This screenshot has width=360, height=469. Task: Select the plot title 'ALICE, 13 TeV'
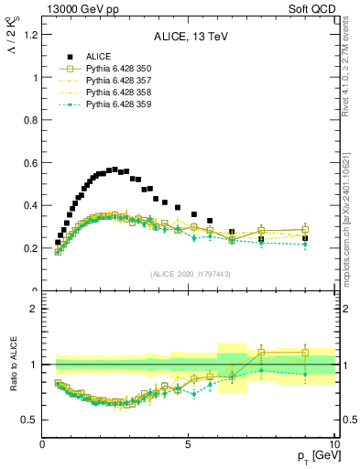189,38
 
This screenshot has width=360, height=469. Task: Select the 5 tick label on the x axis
189,444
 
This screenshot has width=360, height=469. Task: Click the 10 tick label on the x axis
333,444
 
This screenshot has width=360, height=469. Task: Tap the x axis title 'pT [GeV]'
311,456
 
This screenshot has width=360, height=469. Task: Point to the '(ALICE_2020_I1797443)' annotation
189,274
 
